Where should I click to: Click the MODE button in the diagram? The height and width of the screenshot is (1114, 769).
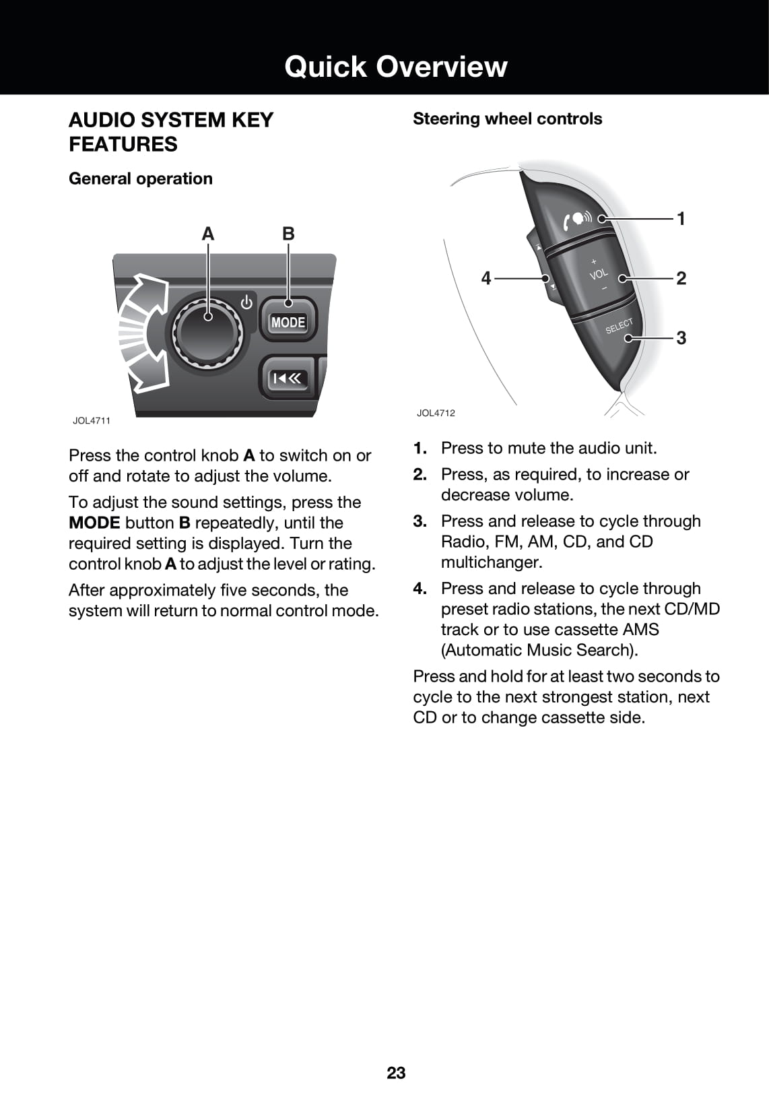pyautogui.click(x=288, y=323)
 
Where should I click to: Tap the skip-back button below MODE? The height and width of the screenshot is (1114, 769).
pyautogui.click(x=289, y=379)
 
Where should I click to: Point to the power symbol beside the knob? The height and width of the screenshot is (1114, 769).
pyautogui.click(x=247, y=302)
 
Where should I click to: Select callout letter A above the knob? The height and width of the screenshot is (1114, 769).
pyautogui.click(x=208, y=234)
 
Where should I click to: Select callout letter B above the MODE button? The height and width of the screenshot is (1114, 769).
pyautogui.click(x=288, y=234)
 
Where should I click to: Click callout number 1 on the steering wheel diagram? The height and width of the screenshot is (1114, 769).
pyautogui.click(x=681, y=218)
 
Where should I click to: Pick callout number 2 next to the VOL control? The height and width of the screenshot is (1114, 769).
pyautogui.click(x=681, y=278)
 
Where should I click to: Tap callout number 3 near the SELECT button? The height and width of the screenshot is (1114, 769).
pyautogui.click(x=681, y=337)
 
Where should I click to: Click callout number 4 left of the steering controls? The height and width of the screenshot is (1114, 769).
pyautogui.click(x=486, y=277)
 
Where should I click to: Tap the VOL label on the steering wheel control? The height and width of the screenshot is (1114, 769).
pyautogui.click(x=598, y=274)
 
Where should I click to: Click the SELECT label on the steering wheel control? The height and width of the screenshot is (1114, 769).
pyautogui.click(x=619, y=326)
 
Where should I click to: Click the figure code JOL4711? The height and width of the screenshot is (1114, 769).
pyautogui.click(x=92, y=420)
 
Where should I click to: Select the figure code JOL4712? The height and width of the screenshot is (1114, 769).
pyautogui.click(x=436, y=413)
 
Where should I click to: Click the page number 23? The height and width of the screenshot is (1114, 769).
pyautogui.click(x=396, y=1073)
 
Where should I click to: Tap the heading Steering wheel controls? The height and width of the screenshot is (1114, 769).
pyautogui.click(x=507, y=119)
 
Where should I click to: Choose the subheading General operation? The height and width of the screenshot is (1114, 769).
pyautogui.click(x=140, y=178)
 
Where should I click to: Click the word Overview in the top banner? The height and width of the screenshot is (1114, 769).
pyautogui.click(x=442, y=66)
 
